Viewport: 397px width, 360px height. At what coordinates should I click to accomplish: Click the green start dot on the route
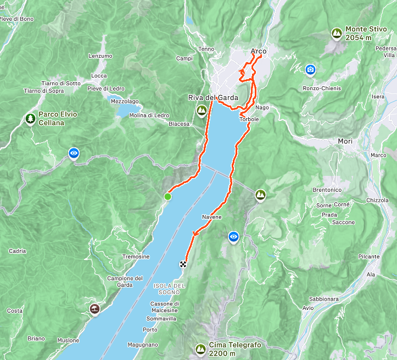(x=167, y=196)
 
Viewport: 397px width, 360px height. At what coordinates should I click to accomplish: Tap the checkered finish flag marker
(x=183, y=264)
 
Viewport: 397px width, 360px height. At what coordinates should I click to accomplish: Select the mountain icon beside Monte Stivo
(x=336, y=33)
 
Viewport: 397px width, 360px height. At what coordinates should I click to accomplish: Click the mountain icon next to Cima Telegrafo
(x=200, y=348)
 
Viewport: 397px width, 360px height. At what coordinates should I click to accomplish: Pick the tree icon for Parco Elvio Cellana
(x=30, y=118)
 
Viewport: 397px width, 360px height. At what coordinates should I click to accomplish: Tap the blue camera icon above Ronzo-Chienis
(x=310, y=69)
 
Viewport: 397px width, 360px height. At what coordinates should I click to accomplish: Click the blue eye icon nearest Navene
(x=234, y=236)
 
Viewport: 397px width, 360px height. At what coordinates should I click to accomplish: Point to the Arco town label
(x=258, y=52)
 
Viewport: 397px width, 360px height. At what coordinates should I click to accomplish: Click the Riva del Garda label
(x=213, y=98)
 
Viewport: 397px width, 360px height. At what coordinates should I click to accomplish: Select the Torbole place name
(x=249, y=119)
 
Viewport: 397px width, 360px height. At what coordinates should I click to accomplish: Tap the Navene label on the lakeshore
(x=212, y=217)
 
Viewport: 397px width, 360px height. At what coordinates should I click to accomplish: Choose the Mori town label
(x=345, y=141)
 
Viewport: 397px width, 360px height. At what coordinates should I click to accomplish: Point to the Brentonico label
(x=327, y=190)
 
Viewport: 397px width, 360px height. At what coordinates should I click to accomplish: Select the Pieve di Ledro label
(x=105, y=88)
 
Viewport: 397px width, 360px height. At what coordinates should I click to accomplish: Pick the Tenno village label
(x=206, y=49)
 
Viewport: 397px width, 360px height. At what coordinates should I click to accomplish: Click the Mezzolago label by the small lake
(x=125, y=101)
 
